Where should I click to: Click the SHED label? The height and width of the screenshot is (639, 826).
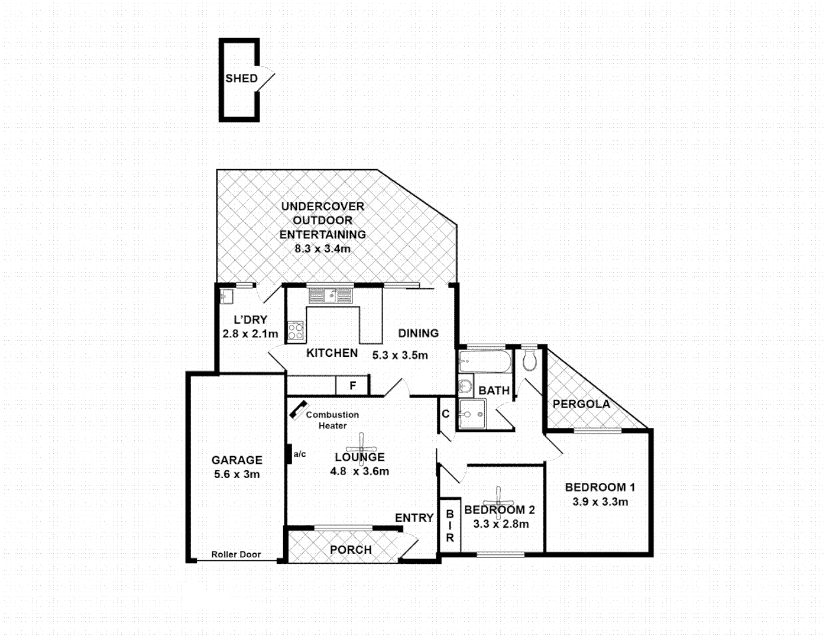click(241, 78)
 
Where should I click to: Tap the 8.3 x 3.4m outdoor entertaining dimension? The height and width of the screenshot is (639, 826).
click(322, 249)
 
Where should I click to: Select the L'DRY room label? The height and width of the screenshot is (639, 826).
click(250, 319)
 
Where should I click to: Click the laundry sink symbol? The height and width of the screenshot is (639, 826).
click(225, 295)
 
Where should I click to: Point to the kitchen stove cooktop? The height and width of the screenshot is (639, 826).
click(295, 331)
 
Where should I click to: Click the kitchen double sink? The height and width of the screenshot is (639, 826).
click(330, 295)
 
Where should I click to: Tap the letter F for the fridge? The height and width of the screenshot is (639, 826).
click(352, 386)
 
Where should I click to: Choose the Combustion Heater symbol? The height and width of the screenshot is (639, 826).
click(297, 409)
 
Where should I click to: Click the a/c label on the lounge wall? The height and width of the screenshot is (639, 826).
click(300, 454)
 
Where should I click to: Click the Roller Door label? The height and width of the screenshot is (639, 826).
click(236, 554)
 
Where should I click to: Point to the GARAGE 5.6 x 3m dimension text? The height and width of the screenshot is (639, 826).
click(237, 475)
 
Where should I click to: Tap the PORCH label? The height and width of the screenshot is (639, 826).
click(351, 550)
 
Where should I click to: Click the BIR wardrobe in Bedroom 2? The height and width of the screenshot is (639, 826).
click(450, 526)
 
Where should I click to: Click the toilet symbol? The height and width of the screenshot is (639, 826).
click(530, 360)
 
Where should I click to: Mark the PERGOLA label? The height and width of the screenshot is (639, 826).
click(581, 404)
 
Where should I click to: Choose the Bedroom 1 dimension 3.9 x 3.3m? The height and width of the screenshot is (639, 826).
click(600, 502)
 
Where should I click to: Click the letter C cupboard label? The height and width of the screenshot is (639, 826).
click(446, 414)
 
